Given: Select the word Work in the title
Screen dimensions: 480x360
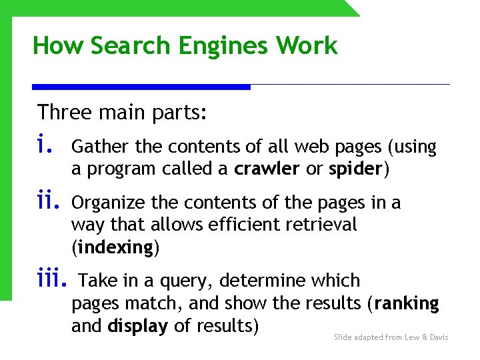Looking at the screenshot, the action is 307,46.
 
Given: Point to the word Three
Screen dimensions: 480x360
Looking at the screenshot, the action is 65,112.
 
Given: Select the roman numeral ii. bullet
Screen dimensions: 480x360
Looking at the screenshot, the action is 47,200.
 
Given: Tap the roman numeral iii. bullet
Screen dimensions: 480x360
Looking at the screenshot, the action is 53,279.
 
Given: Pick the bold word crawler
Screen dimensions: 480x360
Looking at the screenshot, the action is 267,169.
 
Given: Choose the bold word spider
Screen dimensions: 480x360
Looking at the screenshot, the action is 355,170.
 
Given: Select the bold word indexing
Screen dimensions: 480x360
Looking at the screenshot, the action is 115,248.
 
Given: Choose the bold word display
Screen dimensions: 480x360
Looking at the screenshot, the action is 138,327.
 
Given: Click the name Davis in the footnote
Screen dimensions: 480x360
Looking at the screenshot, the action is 438,337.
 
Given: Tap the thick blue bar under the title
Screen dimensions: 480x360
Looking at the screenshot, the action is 141,87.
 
